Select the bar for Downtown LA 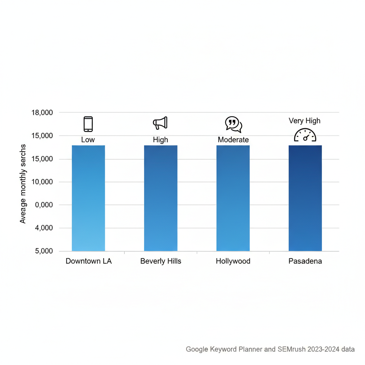88,198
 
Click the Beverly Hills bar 160,198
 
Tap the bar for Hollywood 233,198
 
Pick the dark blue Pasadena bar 305,198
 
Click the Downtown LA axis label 88,261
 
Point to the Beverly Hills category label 161,261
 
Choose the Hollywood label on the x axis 233,261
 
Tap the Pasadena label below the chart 305,261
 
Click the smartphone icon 88,124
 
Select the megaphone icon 160,123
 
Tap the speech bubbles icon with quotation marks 233,124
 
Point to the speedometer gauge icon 305,135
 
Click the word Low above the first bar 88,140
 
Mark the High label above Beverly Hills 160,140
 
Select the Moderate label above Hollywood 233,140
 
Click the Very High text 305,121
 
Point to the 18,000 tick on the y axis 42,113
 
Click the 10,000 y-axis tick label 42,182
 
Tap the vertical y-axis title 23,184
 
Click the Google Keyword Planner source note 270,349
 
